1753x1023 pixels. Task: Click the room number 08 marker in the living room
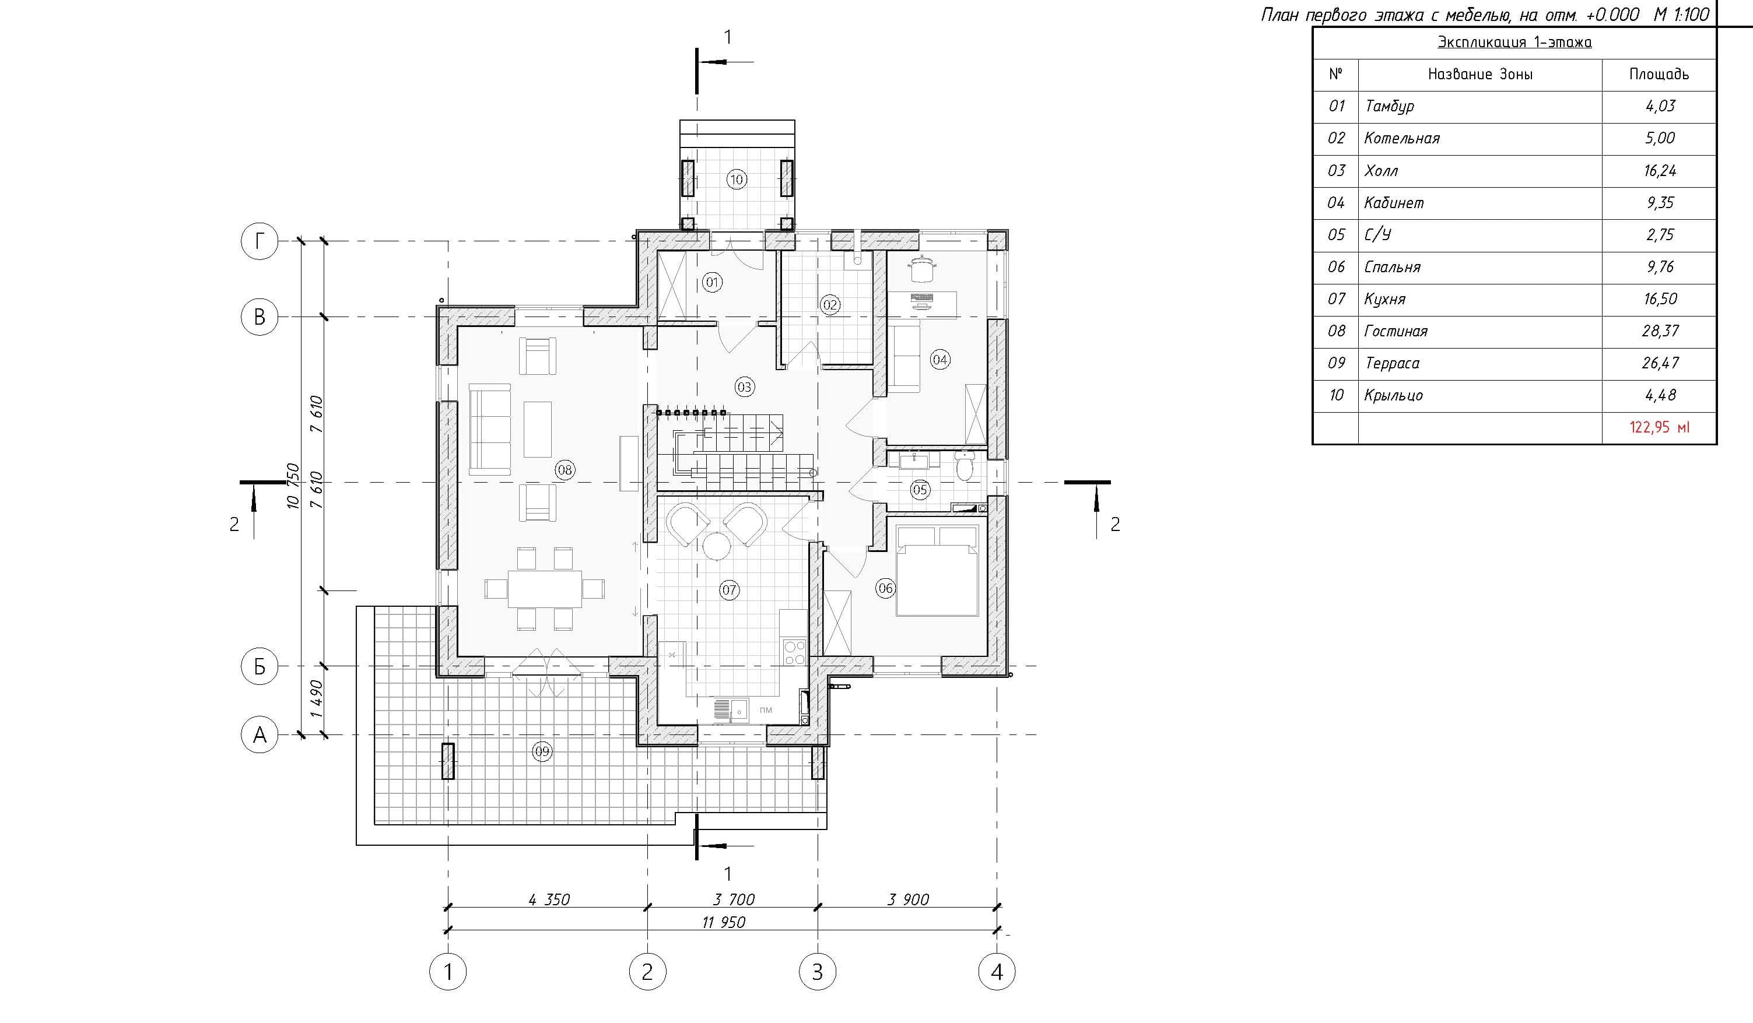point(564,470)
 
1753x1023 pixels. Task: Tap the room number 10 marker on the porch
point(737,180)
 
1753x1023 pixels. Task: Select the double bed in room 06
point(938,570)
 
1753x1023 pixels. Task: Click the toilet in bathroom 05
point(965,466)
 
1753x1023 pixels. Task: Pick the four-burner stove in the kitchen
point(794,652)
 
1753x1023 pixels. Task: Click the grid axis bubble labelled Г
point(260,241)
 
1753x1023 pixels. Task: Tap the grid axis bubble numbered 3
point(818,972)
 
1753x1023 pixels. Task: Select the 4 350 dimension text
point(549,899)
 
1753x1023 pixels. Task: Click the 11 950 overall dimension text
point(724,922)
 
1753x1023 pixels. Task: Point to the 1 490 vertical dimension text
point(317,699)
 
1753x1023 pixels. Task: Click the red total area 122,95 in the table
point(1659,427)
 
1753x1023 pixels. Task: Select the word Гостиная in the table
point(1396,331)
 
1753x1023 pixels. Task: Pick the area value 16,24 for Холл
point(1660,170)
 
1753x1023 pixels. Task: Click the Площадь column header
point(1659,73)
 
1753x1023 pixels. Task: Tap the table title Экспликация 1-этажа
point(1514,42)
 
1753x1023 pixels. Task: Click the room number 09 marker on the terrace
point(542,751)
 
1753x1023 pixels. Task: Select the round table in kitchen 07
point(715,545)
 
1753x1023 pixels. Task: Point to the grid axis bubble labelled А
point(260,734)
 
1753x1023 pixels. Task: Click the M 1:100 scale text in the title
point(1681,14)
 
